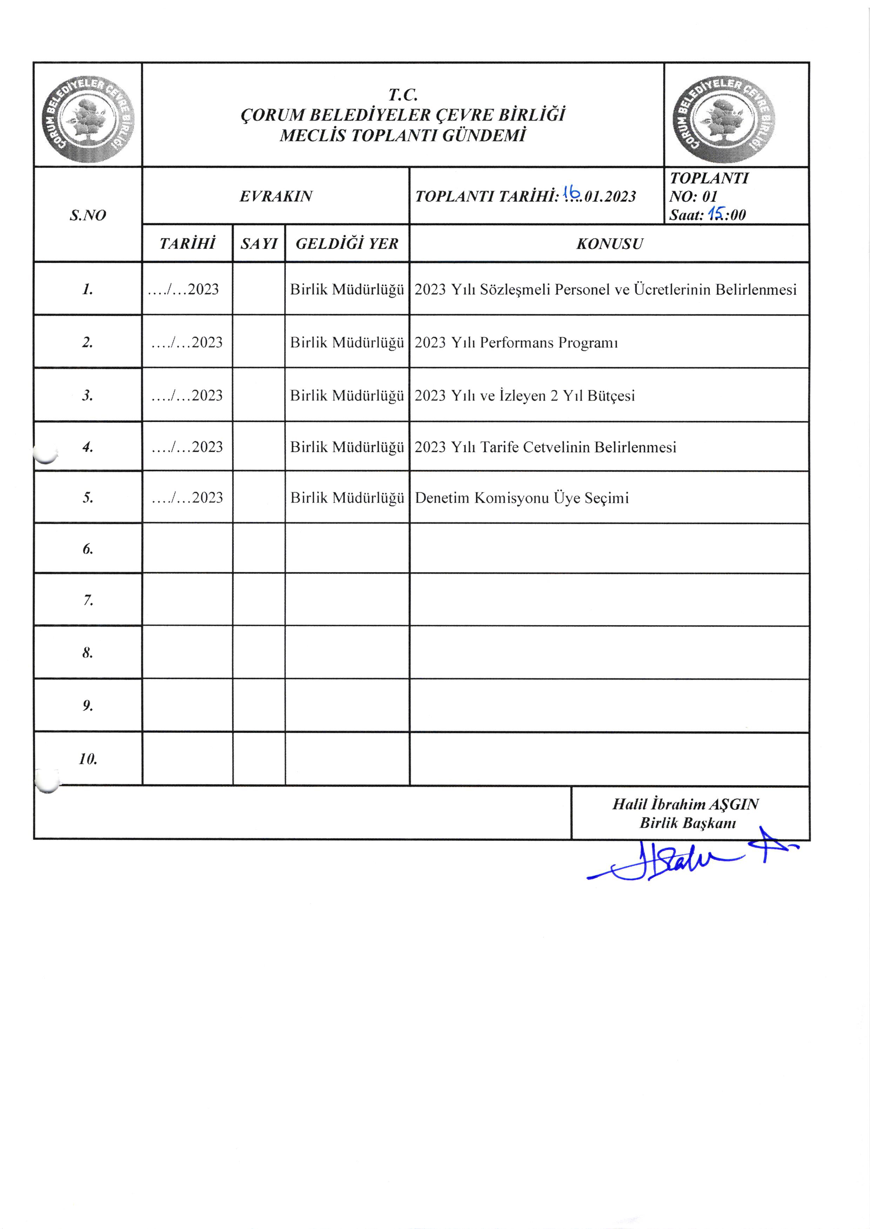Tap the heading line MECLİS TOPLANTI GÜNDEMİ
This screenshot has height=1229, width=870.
pyautogui.click(x=402, y=135)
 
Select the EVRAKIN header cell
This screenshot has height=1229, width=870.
pyautogui.click(x=275, y=197)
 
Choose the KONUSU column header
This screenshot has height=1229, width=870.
pyautogui.click(x=609, y=244)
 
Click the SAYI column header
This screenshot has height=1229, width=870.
pyautogui.click(x=259, y=244)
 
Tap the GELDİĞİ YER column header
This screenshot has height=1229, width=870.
pyautogui.click(x=347, y=244)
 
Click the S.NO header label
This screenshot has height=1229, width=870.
pyautogui.click(x=88, y=215)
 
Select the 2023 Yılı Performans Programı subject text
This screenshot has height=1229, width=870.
pyautogui.click(x=516, y=343)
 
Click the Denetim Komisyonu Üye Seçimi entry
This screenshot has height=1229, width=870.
pyautogui.click(x=521, y=498)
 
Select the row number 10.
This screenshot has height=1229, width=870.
pyautogui.click(x=88, y=758)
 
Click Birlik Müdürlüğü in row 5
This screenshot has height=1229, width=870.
pyautogui.click(x=347, y=498)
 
